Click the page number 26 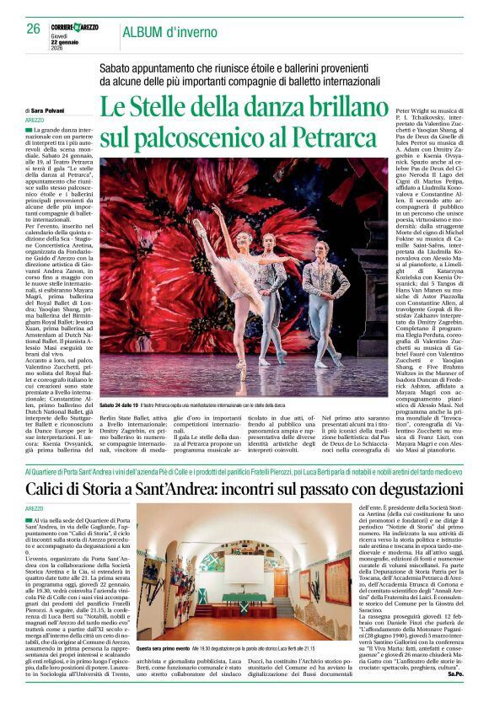(x=33, y=28)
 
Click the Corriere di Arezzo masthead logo (x=74, y=27)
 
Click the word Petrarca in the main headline (x=339, y=137)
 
